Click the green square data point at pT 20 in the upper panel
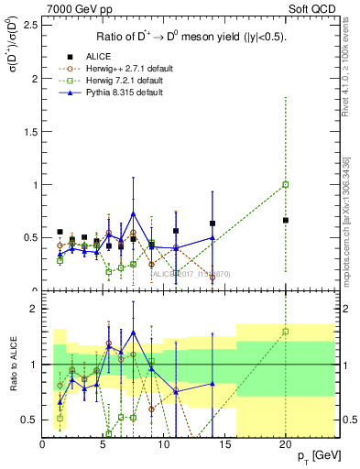[x=286, y=184]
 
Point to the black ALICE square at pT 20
[x=286, y=220]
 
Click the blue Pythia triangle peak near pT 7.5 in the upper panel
[x=134, y=213]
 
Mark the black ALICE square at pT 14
[x=213, y=223]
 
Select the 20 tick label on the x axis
[x=286, y=444]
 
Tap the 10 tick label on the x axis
[x=164, y=444]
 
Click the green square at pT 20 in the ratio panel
[x=286, y=332]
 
